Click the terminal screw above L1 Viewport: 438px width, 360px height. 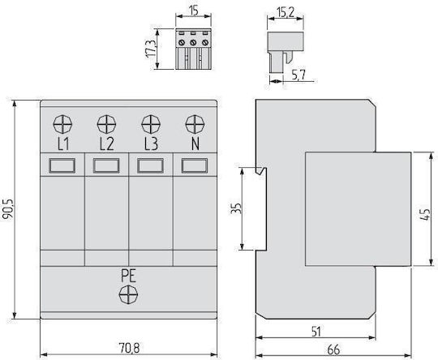(62, 124)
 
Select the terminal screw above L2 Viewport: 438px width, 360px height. (106, 124)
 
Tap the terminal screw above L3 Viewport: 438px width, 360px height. (151, 124)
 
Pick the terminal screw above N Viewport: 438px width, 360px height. (195, 124)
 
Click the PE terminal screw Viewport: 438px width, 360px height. (128, 294)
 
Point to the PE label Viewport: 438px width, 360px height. (128, 276)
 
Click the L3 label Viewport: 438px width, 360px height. (151, 144)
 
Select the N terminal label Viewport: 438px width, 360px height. (195, 144)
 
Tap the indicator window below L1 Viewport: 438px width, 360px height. (62, 165)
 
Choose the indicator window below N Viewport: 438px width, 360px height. (195, 165)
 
